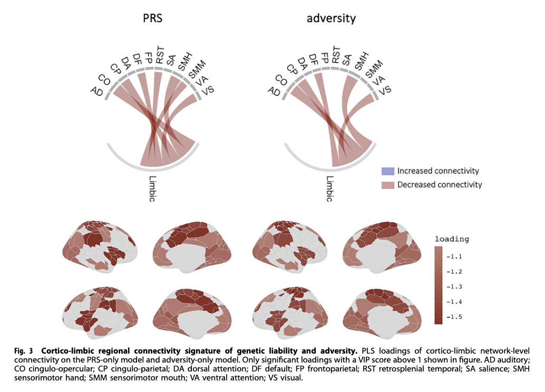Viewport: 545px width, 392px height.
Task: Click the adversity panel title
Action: [331, 18]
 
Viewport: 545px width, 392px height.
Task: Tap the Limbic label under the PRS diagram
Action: [153, 188]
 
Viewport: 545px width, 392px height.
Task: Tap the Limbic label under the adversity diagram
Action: [330, 188]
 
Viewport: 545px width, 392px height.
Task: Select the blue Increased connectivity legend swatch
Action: [387, 171]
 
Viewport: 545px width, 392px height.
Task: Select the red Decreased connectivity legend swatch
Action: [387, 185]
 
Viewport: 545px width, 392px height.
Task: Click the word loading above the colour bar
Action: [452, 239]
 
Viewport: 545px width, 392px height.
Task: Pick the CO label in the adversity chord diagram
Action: [281, 81]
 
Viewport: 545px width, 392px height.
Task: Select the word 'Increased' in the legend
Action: [413, 171]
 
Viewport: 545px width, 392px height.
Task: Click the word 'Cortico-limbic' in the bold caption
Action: [66, 350]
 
